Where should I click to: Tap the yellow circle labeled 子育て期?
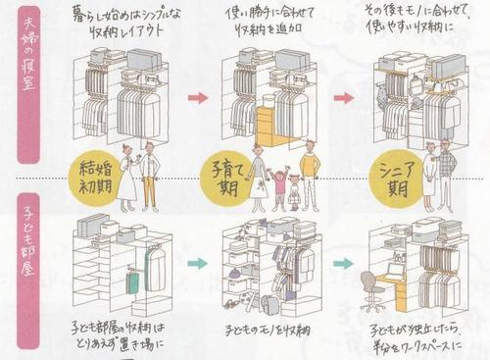pos(225,177)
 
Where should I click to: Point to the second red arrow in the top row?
pos(344,98)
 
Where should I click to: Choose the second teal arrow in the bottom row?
pos(342,263)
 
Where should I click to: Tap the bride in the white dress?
pos(127,182)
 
